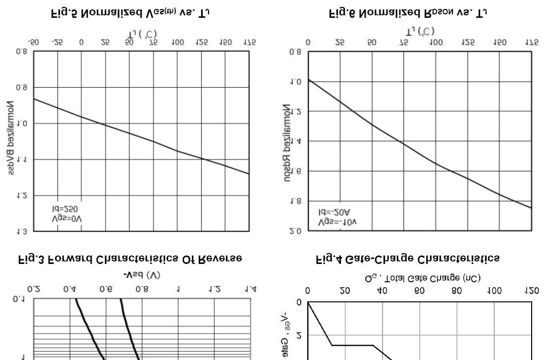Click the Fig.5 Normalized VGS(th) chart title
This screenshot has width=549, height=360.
130,14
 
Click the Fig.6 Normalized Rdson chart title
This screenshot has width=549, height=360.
408,14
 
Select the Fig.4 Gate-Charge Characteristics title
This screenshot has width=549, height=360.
408,258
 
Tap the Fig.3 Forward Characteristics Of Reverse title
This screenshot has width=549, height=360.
130,258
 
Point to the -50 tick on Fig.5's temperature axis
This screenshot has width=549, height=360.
34,43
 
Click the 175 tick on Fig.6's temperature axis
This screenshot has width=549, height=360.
532,43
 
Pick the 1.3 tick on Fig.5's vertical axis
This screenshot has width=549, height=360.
21,231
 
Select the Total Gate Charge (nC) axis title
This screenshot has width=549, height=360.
423,279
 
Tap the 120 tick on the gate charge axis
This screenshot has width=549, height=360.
532,291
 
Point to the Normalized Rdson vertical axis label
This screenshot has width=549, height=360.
288,143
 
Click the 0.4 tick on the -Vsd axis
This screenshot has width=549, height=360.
70,289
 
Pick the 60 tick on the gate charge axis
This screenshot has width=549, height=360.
420,291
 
